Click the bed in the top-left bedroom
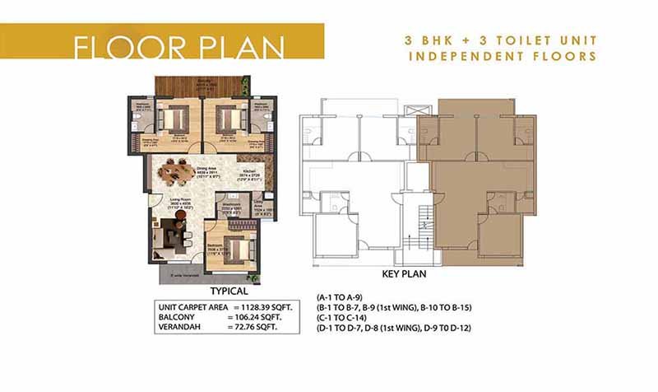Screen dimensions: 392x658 (x=174, y=119)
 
